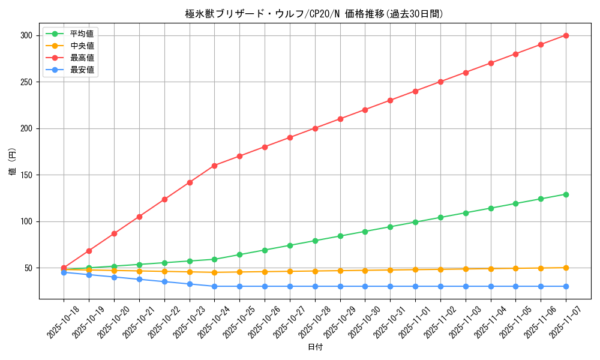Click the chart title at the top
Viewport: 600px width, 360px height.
(314, 14)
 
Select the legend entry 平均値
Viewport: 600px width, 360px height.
(82, 34)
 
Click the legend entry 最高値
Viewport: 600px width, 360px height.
(82, 58)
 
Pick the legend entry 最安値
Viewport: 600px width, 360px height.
(82, 70)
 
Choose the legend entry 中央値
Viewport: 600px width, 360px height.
(82, 46)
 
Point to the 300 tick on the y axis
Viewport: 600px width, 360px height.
(25, 35)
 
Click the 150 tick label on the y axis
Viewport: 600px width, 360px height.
(25, 175)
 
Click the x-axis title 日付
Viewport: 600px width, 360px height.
(315, 347)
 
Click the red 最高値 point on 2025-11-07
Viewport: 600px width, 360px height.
(566, 35)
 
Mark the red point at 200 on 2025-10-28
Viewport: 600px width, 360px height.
(315, 128)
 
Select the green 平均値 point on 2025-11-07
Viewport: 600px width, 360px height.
(566, 194)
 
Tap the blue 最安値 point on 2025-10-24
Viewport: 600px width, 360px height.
(214, 286)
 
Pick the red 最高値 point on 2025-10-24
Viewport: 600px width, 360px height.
(214, 166)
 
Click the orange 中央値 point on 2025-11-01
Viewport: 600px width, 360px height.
(415, 269)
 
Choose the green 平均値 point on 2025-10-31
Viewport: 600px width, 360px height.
(390, 227)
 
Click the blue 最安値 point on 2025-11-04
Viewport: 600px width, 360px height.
(491, 286)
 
